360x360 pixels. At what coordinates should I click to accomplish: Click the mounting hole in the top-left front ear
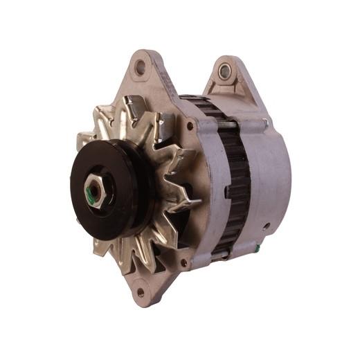(x=141, y=68)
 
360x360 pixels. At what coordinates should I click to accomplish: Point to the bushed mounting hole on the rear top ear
(x=224, y=71)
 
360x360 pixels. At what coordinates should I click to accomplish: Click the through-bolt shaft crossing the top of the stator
(x=228, y=125)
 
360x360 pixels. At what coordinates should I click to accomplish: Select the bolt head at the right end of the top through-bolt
(x=264, y=124)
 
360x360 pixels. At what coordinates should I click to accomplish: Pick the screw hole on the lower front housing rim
(x=183, y=262)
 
